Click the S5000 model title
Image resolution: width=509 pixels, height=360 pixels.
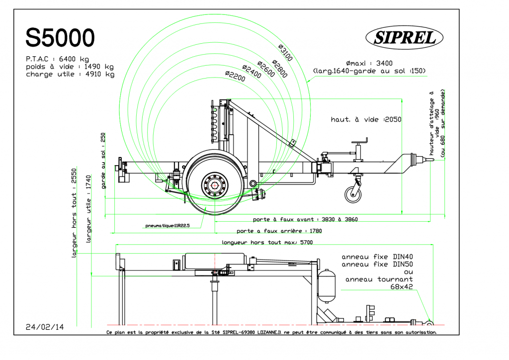point(60,38)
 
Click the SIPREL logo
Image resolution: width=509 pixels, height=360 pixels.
point(405,37)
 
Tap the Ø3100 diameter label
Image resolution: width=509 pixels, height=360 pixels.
point(286,53)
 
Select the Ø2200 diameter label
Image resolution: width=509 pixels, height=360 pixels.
point(235,76)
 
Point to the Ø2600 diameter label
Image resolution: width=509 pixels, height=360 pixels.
point(266,69)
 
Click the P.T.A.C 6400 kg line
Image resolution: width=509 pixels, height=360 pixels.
point(58,59)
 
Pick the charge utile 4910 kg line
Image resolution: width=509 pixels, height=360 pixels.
point(70,75)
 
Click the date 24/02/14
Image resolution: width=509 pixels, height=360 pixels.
point(45,327)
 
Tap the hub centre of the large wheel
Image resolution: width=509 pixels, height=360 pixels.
point(215,185)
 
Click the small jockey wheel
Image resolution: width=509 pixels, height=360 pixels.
point(353,194)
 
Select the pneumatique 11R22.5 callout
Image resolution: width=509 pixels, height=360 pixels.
point(168,226)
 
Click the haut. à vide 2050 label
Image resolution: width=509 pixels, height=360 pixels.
point(366,119)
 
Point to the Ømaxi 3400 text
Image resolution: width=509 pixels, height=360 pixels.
point(369,63)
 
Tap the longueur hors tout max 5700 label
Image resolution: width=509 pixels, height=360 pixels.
point(267,242)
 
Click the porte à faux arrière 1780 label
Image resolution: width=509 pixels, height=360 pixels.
point(279,231)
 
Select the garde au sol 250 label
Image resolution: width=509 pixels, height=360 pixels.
point(103,161)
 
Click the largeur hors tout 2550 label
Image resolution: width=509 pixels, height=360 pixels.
point(74,213)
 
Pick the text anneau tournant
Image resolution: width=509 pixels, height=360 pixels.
point(379,279)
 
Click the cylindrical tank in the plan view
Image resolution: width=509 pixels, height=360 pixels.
point(327,286)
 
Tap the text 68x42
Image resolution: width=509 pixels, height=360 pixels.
point(402,286)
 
